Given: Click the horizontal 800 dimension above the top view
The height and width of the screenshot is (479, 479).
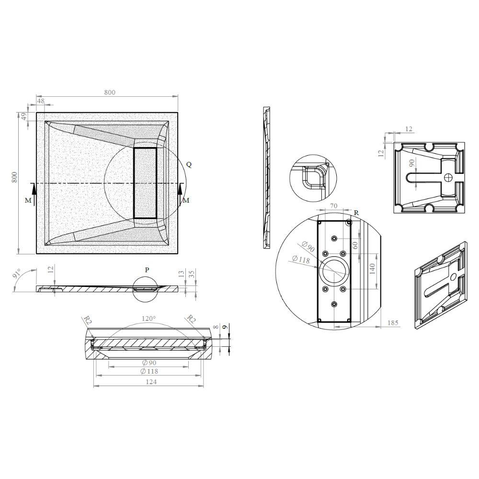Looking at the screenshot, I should pyautogui.click(x=109, y=93).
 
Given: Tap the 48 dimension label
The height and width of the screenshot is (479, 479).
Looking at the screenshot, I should pyautogui.click(x=40, y=101).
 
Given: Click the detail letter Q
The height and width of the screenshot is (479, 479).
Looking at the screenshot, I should pyautogui.click(x=189, y=164).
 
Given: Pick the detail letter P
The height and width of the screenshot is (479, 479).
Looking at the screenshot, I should pyautogui.click(x=147, y=270).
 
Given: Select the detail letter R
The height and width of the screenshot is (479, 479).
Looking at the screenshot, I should pyautogui.click(x=356, y=212).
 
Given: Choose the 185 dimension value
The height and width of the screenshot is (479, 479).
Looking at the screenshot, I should pyautogui.click(x=392, y=323).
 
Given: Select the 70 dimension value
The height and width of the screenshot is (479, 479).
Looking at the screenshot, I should pyautogui.click(x=333, y=206).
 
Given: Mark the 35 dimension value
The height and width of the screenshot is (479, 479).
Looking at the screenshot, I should pyautogui.click(x=192, y=274).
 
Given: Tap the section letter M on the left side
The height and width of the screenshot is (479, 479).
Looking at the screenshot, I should pyautogui.click(x=28, y=201).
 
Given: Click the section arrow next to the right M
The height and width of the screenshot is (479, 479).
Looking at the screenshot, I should pyautogui.click(x=180, y=194).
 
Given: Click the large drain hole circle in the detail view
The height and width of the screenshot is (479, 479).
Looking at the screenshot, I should pyautogui.click(x=334, y=271).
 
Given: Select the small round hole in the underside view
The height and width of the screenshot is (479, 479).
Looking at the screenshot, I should pyautogui.click(x=448, y=177).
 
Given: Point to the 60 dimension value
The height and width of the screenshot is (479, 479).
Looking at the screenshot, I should pyautogui.click(x=355, y=244).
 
